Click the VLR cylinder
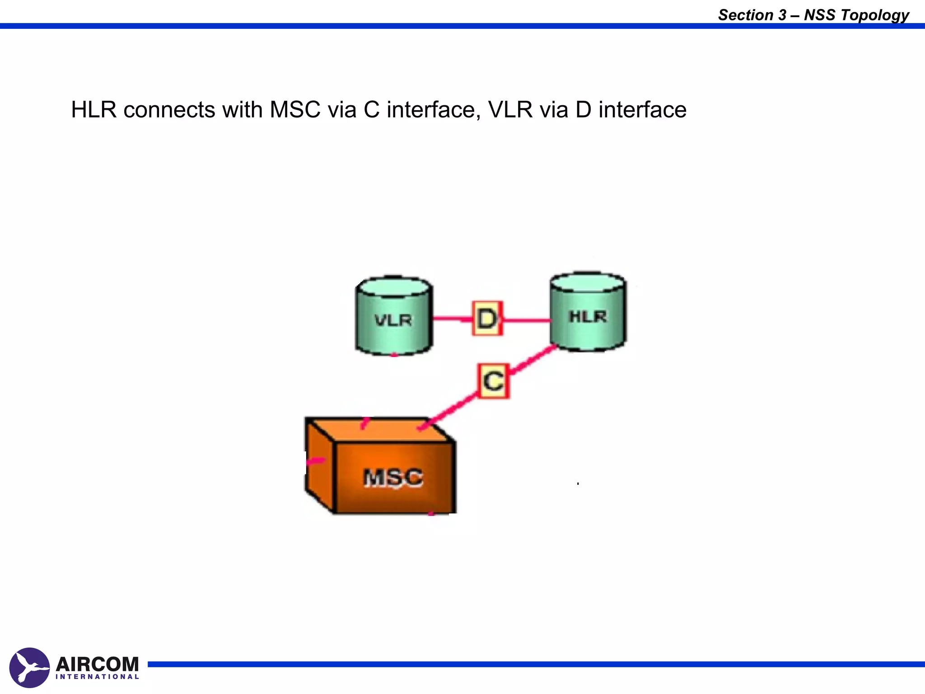click(393, 316)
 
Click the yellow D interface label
click(487, 319)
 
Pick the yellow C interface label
click(493, 381)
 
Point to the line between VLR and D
click(452, 319)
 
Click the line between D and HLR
click(527, 320)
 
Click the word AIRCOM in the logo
click(97, 664)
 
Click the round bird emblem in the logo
click(29, 667)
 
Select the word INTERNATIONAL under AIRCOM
click(97, 677)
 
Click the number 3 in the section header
click(782, 15)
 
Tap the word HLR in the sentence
click(93, 110)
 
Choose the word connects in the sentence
click(169, 110)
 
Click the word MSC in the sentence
click(295, 110)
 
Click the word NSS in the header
click(820, 15)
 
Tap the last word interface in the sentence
click(642, 110)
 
